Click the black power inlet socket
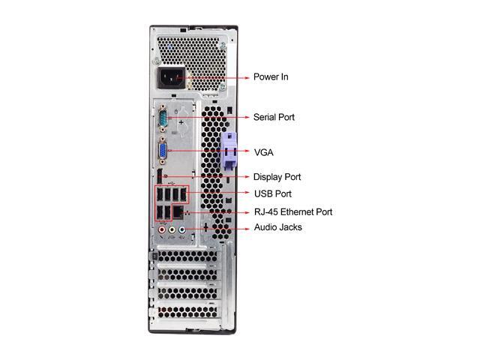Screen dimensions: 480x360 tap(169, 76)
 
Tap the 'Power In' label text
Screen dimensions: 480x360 tap(270, 77)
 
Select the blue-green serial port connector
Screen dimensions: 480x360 tap(163, 118)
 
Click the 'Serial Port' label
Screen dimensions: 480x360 tap(274, 118)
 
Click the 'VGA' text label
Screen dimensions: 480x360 tap(263, 152)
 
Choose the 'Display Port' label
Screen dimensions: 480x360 tap(277, 177)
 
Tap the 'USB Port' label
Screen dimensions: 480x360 tap(272, 194)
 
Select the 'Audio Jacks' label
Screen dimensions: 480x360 tap(277, 227)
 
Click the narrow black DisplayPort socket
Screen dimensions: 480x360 tap(160, 178)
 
